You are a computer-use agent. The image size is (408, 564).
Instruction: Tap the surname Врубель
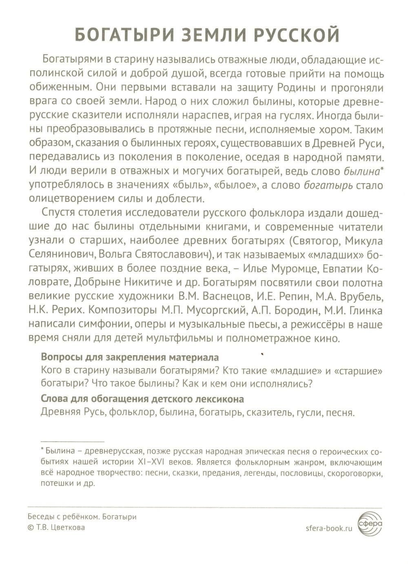pos(362,296)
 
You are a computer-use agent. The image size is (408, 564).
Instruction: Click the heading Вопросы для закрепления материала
pos(130,357)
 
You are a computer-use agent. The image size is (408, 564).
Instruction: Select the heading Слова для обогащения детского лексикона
pos(142,399)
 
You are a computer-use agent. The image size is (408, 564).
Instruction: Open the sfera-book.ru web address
pos(328,528)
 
